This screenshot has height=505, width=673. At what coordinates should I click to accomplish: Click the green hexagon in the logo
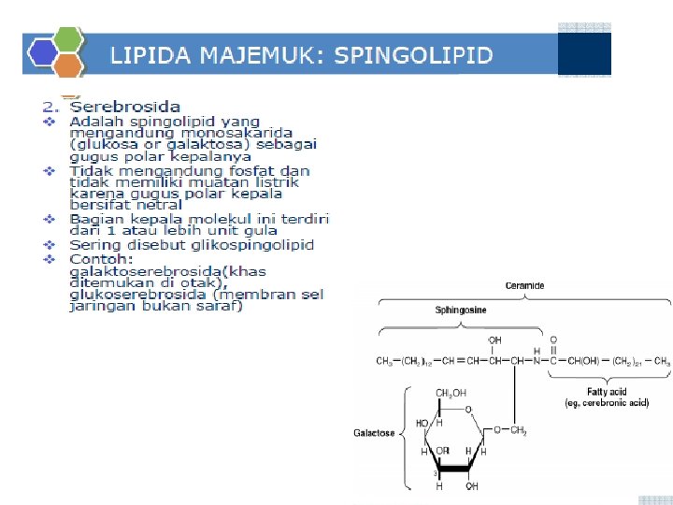click(68, 38)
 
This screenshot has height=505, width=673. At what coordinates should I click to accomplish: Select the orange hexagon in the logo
click(68, 65)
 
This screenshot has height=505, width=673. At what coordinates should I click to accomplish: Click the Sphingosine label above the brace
click(460, 309)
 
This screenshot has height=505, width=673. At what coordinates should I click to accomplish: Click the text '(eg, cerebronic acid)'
click(606, 403)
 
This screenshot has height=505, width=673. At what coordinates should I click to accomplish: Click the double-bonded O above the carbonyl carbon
click(554, 340)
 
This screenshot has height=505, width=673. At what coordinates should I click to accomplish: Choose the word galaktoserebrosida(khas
click(166, 271)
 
